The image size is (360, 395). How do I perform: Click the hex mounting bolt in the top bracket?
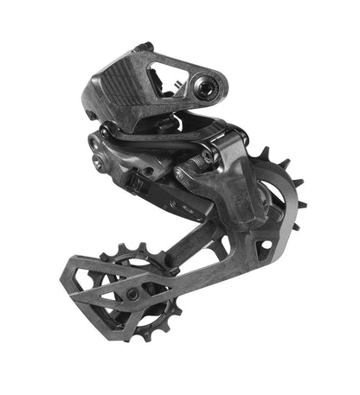(x=206, y=86)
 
